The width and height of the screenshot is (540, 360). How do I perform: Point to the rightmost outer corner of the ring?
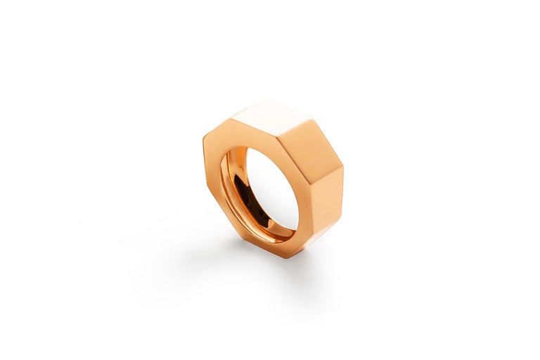tap(343, 169)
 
